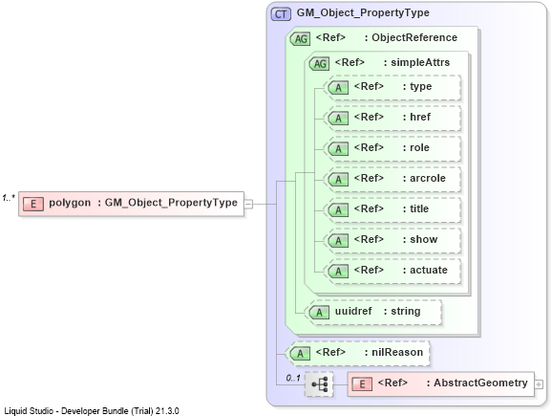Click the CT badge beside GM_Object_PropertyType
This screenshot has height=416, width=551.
(x=281, y=14)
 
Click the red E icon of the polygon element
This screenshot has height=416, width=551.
(x=33, y=204)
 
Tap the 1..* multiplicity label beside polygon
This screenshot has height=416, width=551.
(x=9, y=198)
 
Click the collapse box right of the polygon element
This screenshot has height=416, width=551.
(x=248, y=204)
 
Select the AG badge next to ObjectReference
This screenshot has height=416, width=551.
(x=301, y=38)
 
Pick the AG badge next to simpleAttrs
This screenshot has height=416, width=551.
(x=319, y=64)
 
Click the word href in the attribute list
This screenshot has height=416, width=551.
(x=420, y=117)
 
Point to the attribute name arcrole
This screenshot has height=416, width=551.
(x=428, y=178)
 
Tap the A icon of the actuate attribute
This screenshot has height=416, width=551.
(x=338, y=272)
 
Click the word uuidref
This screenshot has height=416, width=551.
(x=353, y=311)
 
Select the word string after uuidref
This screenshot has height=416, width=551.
(x=406, y=312)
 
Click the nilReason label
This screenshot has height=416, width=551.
(x=397, y=352)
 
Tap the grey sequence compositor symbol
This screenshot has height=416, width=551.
(x=319, y=384)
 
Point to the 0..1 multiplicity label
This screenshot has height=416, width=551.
(x=293, y=378)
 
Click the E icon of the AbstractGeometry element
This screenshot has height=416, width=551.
(x=362, y=384)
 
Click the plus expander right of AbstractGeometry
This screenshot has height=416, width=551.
(x=539, y=384)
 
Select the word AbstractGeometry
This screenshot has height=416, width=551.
(x=480, y=383)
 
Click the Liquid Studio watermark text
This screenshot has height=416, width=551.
(x=92, y=410)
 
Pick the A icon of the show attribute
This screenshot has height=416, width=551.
(x=338, y=241)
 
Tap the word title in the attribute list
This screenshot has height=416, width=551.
(x=419, y=208)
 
